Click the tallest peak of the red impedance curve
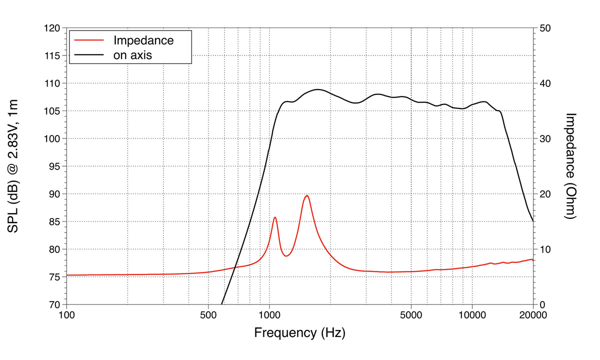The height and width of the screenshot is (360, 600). tap(306, 195)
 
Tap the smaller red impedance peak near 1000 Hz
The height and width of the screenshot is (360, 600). tap(275, 217)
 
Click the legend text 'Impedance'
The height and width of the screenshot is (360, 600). tap(143, 40)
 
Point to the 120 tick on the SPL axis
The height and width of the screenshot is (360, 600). tap(52, 28)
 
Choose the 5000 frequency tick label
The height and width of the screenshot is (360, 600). tap(411, 315)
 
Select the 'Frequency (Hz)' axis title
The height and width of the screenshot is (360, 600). tap(299, 332)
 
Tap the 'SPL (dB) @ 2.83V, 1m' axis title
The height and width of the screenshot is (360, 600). tap(13, 166)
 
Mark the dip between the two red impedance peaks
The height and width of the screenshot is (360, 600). tap(286, 256)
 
